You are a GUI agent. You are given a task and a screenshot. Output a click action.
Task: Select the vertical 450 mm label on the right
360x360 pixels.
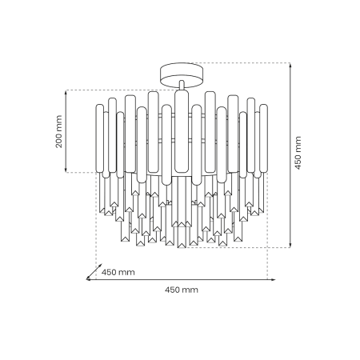298,154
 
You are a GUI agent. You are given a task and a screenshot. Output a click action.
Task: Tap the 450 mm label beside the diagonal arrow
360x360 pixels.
118,272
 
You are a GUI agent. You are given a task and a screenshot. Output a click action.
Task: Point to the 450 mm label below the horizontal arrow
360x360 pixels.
181,290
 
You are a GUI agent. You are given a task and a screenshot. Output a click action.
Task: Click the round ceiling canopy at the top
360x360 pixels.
182,73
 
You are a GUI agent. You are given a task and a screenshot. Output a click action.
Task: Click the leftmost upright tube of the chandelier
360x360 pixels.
102,140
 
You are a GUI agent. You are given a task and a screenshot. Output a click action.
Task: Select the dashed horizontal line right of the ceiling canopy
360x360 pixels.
240,63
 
